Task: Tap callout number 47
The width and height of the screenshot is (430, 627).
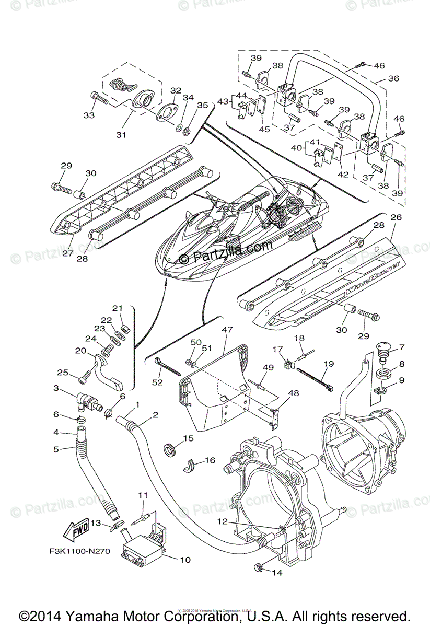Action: click(x=226, y=331)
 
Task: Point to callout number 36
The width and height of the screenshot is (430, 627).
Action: click(x=393, y=79)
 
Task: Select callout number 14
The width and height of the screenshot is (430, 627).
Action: click(x=276, y=573)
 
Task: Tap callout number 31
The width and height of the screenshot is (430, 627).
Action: click(x=121, y=135)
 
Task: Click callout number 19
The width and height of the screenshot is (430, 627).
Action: click(x=328, y=363)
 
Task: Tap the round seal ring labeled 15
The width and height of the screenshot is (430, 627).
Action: click(x=171, y=448)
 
